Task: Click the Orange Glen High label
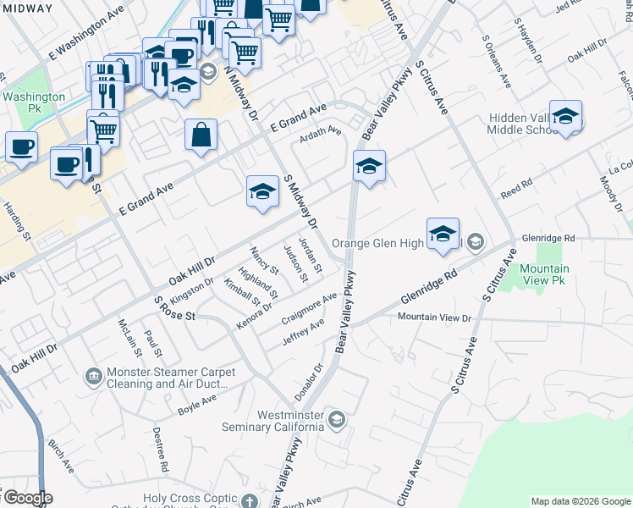tap(377, 243)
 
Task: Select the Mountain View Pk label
tap(544, 274)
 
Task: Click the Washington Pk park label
tap(34, 103)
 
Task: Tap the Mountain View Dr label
tap(434, 317)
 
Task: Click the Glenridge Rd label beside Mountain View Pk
tap(548, 239)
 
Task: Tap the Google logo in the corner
tap(27, 498)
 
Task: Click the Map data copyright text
tap(581, 501)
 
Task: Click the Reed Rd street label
tap(515, 184)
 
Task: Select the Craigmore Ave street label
tap(309, 308)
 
